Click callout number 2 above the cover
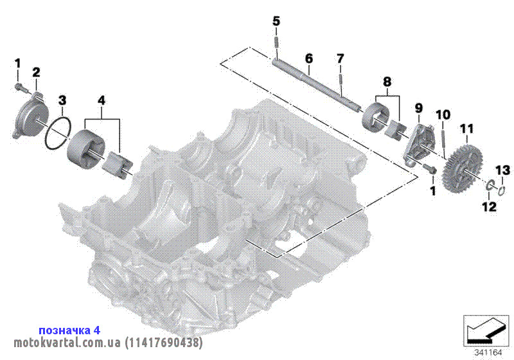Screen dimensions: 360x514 36,71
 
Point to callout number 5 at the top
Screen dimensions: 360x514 276,21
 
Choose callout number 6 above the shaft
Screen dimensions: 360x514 308,59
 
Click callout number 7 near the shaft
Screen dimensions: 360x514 341,59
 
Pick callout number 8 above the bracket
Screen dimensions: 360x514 387,82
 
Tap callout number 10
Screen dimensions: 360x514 443,115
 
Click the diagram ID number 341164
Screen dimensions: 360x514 488,352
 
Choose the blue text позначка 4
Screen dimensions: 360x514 69,330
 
